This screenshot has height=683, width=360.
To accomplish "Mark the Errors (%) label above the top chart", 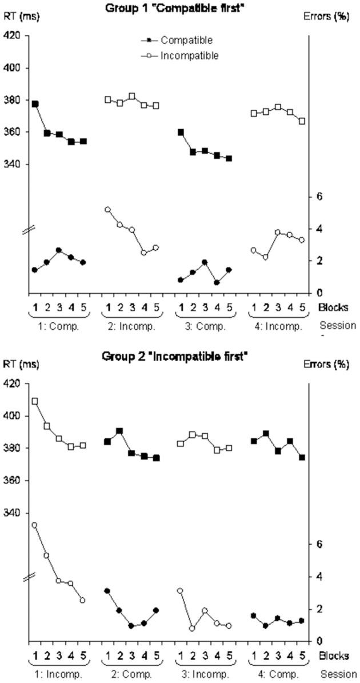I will (x=333, y=17).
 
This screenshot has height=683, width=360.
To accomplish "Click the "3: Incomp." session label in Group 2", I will (x=205, y=674).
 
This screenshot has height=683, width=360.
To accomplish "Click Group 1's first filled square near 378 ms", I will (x=35, y=104).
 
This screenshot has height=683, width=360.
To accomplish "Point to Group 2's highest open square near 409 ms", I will (x=35, y=401).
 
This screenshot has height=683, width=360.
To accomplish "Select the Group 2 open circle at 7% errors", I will (x=35, y=525).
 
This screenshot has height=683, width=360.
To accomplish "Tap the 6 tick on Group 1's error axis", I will (x=321, y=197).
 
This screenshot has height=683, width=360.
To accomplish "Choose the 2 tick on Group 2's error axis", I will (x=321, y=609).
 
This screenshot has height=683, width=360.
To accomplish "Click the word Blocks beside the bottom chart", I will (x=333, y=656).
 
